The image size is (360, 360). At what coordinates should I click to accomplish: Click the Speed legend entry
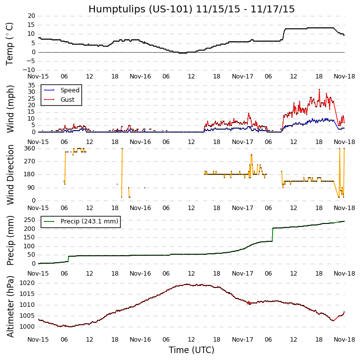[70, 90]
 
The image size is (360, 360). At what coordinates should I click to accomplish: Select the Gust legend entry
[67, 100]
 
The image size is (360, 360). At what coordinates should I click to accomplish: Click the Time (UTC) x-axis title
[191, 350]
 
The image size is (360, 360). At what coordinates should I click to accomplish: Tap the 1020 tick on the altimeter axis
[27, 283]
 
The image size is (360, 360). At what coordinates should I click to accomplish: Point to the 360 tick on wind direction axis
[29, 148]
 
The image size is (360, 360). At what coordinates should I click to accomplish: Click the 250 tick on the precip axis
[29, 220]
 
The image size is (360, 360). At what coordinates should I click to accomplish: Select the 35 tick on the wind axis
[31, 85]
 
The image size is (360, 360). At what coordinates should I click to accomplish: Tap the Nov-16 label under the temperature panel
[141, 76]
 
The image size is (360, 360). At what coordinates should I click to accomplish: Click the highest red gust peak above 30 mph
[319, 89]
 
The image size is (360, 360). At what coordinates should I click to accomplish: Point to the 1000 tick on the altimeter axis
[27, 327]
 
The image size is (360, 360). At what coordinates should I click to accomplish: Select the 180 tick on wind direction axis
[29, 174]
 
